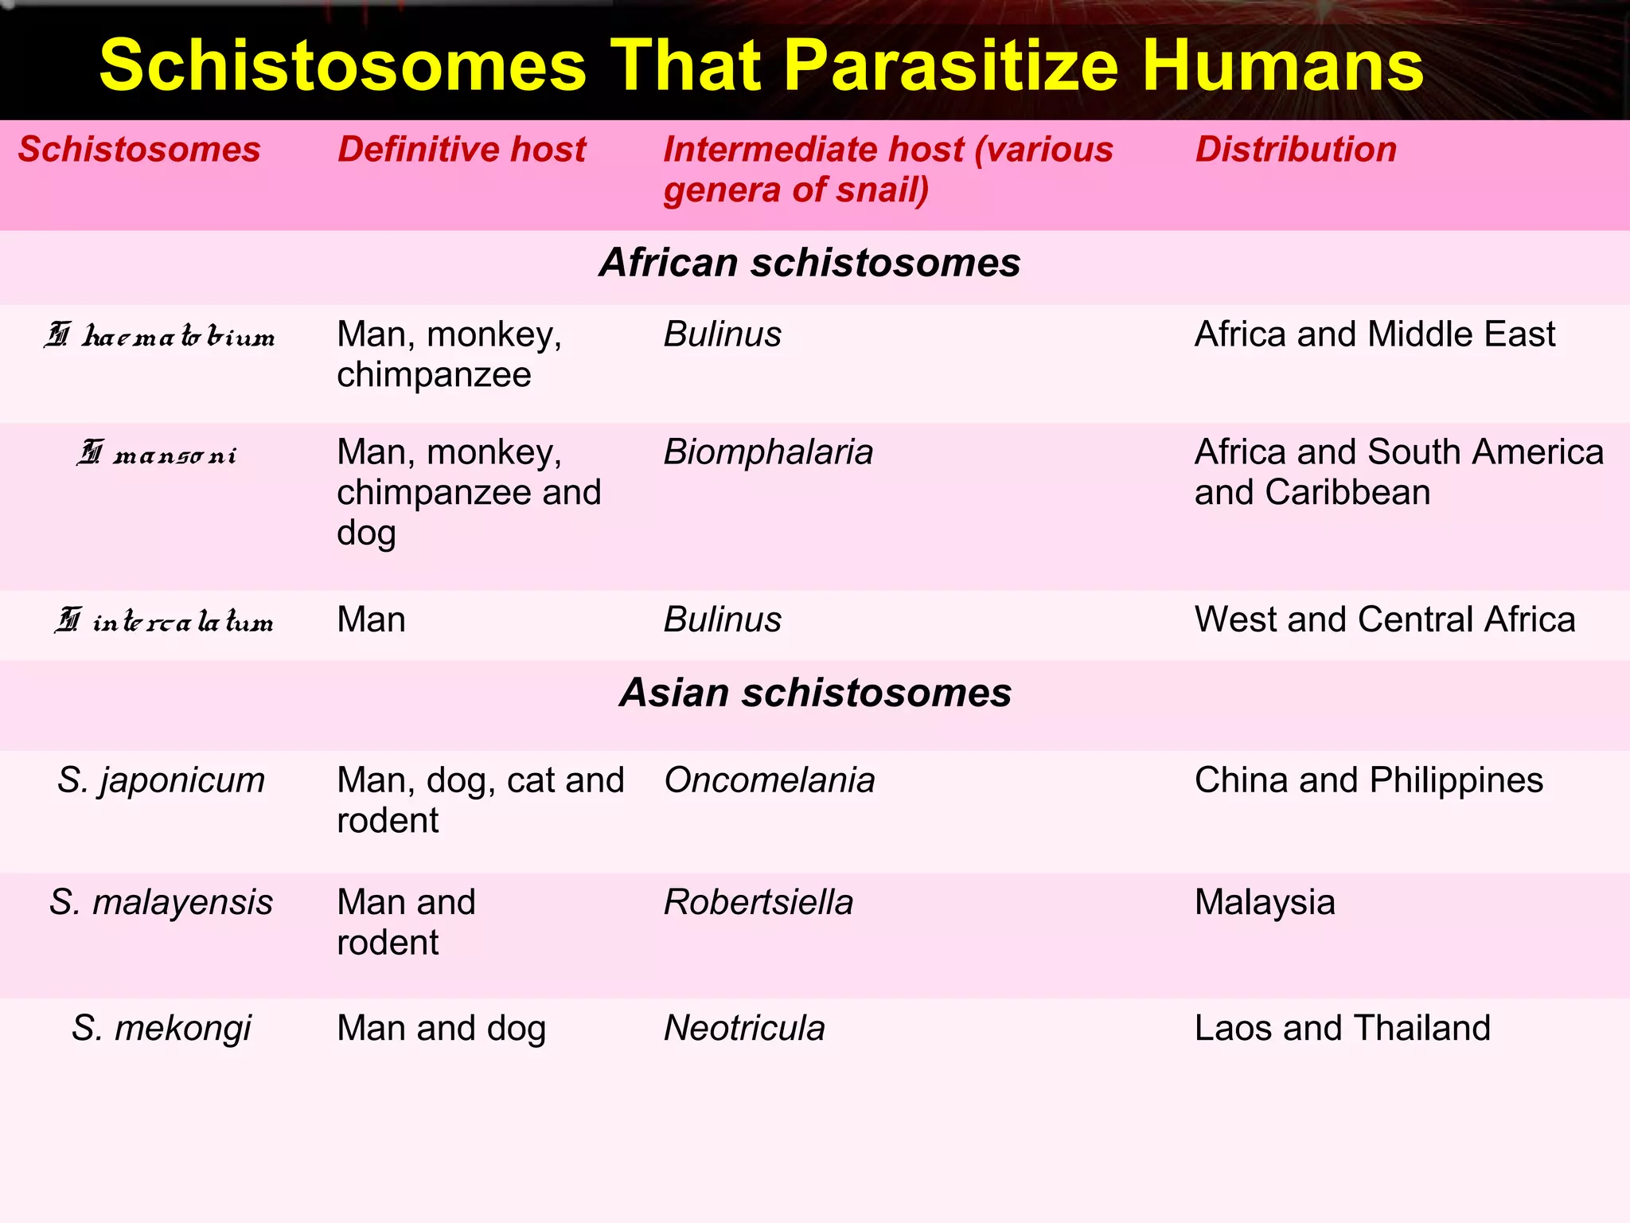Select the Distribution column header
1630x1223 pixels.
(x=1295, y=150)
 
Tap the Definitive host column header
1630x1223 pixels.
(x=461, y=150)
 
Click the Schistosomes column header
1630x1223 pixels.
(x=139, y=150)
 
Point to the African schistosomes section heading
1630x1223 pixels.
(x=809, y=263)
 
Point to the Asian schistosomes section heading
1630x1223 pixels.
(x=815, y=693)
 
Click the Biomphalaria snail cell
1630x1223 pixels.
(x=768, y=452)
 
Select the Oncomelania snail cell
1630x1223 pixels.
(x=769, y=780)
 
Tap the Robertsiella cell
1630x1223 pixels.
(x=758, y=903)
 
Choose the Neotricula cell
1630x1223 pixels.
(x=744, y=1028)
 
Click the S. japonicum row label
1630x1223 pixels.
(x=161, y=780)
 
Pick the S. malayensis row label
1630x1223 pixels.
(x=161, y=903)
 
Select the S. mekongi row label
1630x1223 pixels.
(x=161, y=1028)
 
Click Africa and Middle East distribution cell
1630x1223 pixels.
(x=1375, y=334)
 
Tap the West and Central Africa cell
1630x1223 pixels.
(x=1384, y=619)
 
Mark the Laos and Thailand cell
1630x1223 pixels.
(x=1342, y=1028)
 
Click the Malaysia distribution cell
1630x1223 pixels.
(x=1264, y=903)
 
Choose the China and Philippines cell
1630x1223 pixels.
(x=1368, y=780)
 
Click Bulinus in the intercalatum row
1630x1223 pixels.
(x=722, y=619)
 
